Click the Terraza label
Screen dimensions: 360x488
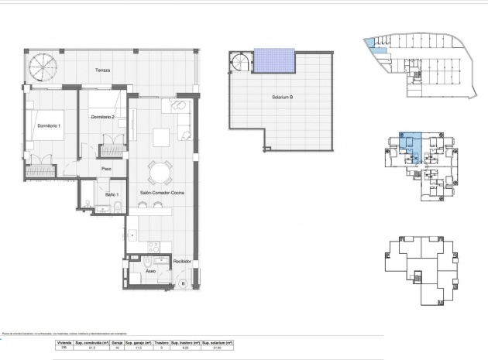(x=102, y=70)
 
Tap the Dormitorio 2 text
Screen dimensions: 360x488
(x=102, y=116)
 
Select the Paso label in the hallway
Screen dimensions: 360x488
(x=108, y=169)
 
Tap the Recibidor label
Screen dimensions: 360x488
(x=182, y=262)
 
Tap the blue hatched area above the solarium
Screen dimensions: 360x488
(x=274, y=58)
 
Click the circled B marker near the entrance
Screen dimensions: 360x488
(x=183, y=283)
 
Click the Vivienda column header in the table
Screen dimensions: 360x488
(x=65, y=341)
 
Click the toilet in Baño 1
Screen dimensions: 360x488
(x=114, y=206)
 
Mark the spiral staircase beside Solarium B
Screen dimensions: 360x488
(x=242, y=62)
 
